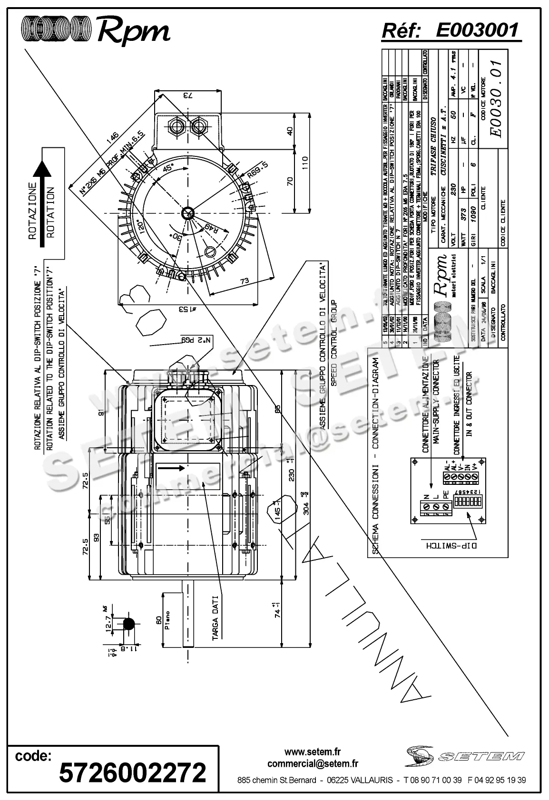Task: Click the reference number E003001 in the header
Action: [477, 30]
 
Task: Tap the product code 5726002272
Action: [133, 772]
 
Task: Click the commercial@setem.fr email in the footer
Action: [313, 764]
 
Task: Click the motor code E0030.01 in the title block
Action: [496, 98]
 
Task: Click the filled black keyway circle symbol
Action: [128, 622]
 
